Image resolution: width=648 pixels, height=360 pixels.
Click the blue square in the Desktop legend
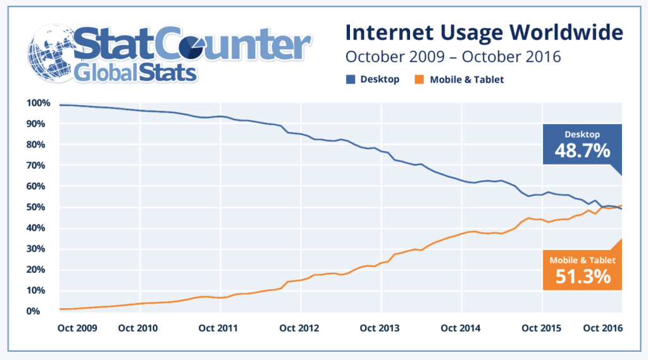351,80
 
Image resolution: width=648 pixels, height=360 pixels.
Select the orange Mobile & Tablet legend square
419,80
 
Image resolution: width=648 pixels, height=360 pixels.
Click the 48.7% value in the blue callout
582,151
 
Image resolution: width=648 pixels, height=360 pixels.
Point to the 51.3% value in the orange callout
582,276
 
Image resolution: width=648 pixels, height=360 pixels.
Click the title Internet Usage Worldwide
484,32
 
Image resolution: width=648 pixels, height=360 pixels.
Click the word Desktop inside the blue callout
582,134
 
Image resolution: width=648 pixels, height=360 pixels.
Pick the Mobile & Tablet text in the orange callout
582,260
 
